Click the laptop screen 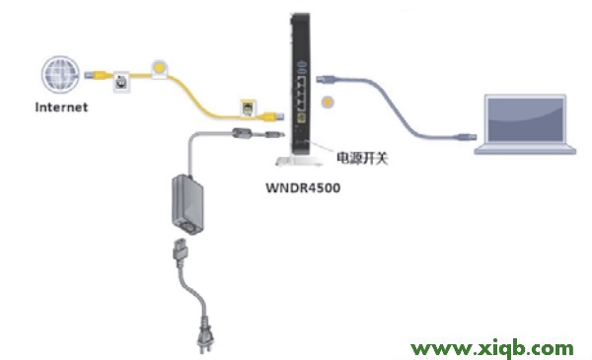click(523, 118)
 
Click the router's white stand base click(302, 160)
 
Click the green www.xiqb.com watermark click(493, 347)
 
